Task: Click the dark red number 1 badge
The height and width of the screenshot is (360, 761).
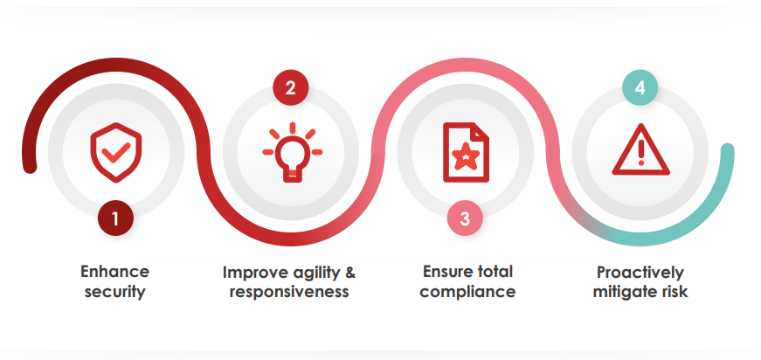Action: (x=115, y=218)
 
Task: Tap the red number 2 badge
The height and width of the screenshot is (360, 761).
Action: (x=290, y=88)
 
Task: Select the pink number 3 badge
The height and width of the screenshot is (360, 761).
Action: (x=465, y=218)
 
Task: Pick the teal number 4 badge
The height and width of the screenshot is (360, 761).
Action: (x=640, y=88)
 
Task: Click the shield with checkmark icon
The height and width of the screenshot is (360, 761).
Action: (x=116, y=152)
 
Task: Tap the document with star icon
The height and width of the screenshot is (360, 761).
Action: (x=466, y=152)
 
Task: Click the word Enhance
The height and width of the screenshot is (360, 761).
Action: (x=115, y=271)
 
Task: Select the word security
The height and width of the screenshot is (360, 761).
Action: (x=115, y=292)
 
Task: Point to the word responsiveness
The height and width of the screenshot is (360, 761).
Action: (x=289, y=292)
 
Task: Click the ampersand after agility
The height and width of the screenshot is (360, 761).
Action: (x=350, y=272)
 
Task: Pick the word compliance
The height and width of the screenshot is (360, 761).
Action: (x=467, y=292)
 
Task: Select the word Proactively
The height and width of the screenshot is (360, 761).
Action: (x=640, y=273)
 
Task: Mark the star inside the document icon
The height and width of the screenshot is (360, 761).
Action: (x=466, y=156)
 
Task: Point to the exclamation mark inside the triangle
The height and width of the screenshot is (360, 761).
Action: (x=640, y=151)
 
